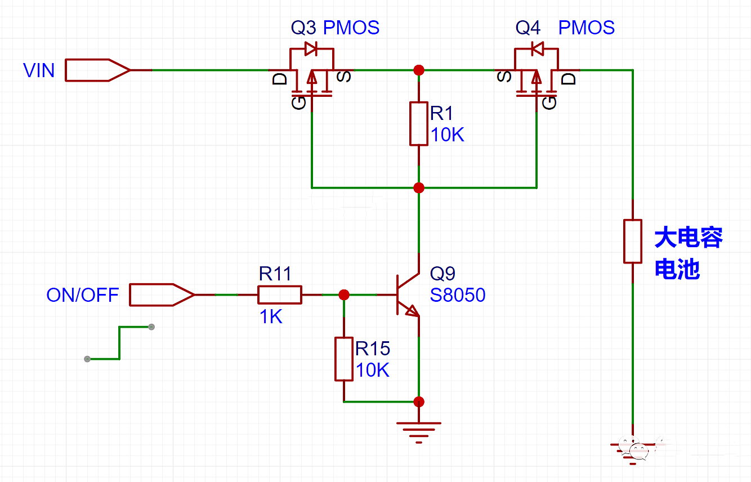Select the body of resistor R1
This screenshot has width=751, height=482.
click(418, 124)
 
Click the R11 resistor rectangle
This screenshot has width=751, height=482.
click(279, 294)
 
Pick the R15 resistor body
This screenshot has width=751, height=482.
click(344, 359)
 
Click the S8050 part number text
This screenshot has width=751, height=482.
click(457, 295)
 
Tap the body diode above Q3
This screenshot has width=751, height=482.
click(311, 49)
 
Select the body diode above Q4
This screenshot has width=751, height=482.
click(536, 49)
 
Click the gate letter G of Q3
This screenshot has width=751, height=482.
click(298, 102)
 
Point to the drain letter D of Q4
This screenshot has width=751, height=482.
click(570, 78)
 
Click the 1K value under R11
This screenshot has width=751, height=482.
click(270, 317)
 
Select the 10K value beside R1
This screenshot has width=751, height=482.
click(448, 135)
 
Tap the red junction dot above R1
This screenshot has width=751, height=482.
click(418, 70)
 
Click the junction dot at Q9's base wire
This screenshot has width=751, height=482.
click(344, 294)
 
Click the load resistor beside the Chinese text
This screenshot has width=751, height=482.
click(633, 242)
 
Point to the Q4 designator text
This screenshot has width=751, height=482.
click(528, 28)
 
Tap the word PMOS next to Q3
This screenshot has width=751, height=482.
click(351, 28)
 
